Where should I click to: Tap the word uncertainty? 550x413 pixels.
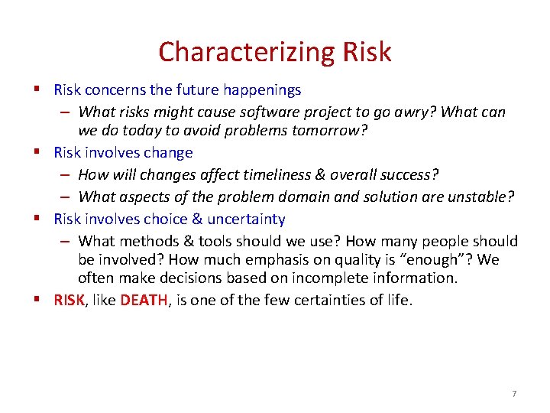point(246,220)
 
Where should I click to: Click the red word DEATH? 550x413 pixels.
point(144,301)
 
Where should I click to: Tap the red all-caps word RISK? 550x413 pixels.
point(70,301)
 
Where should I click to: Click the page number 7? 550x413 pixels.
point(514,393)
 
